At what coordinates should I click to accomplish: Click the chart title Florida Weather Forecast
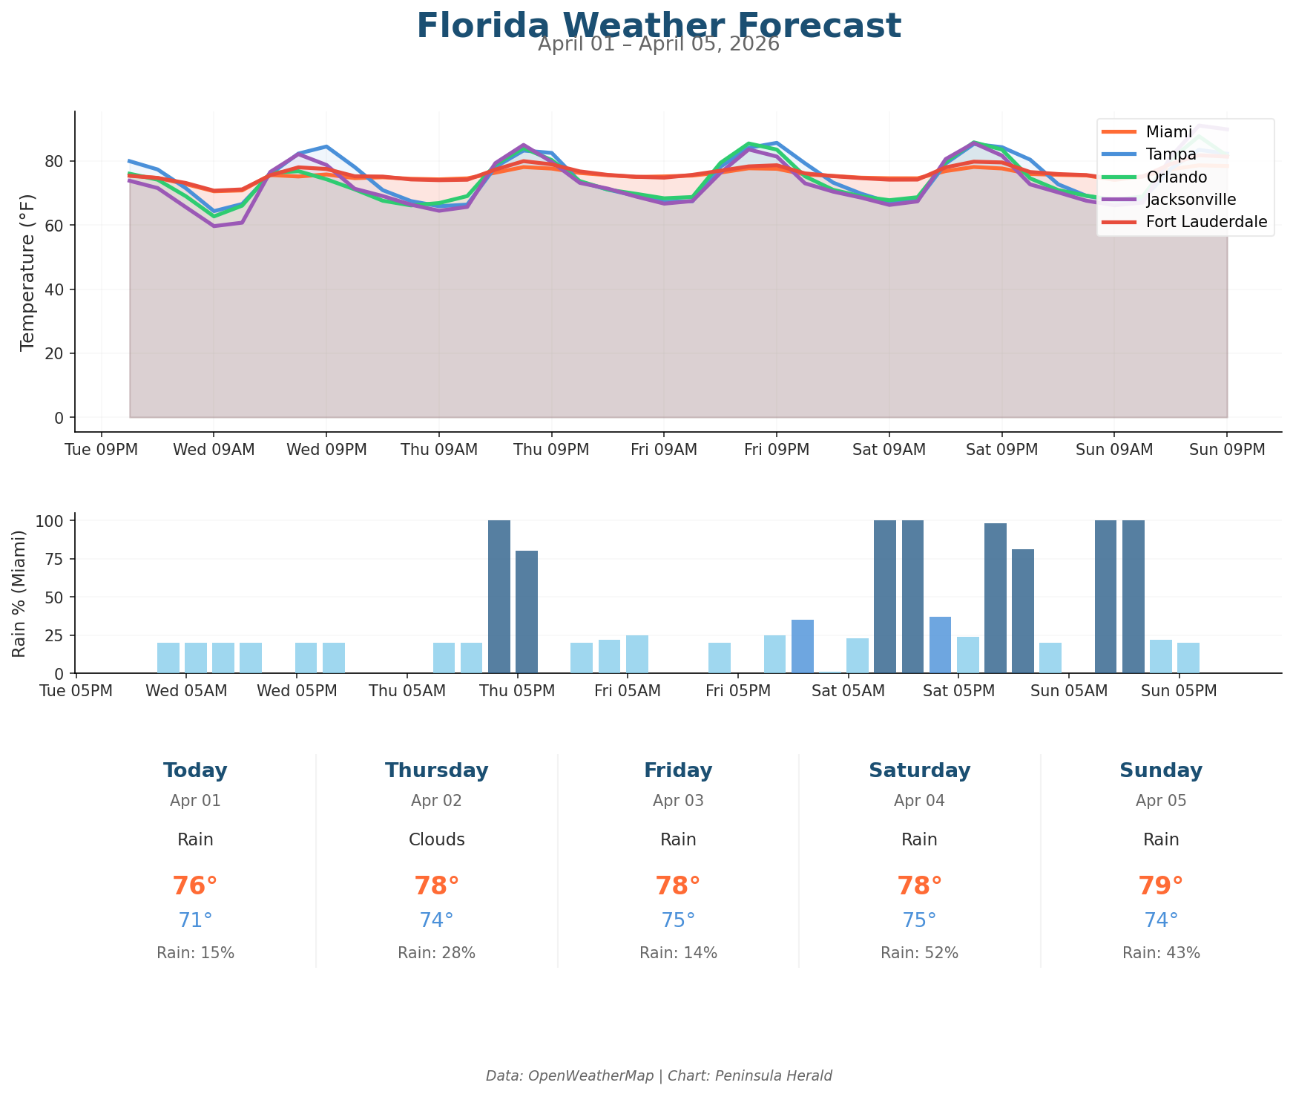tap(658, 25)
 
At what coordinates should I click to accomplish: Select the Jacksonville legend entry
tap(1191, 199)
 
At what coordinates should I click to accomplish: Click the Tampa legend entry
tap(1171, 154)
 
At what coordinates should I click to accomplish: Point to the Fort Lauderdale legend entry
tap(1206, 221)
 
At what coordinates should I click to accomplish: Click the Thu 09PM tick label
tap(551, 450)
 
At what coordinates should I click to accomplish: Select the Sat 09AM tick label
tap(889, 450)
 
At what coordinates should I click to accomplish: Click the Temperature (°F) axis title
tap(27, 271)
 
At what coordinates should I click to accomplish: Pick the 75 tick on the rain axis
tap(56, 559)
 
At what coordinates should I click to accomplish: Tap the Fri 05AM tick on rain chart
tap(627, 691)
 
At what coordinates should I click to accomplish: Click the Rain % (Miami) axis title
tap(19, 593)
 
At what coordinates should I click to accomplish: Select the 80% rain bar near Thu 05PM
tap(527, 612)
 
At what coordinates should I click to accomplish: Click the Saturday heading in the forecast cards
tap(919, 770)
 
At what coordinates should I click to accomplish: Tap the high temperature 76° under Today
tap(195, 886)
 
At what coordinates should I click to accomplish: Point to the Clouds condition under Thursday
tap(436, 839)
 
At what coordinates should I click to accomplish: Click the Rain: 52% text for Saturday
tap(919, 953)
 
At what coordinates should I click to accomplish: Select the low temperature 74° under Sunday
tap(1160, 920)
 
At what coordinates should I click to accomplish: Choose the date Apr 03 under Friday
tap(678, 801)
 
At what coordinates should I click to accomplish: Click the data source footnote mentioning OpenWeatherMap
tap(658, 1075)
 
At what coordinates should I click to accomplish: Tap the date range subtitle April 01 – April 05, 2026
tap(658, 45)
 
